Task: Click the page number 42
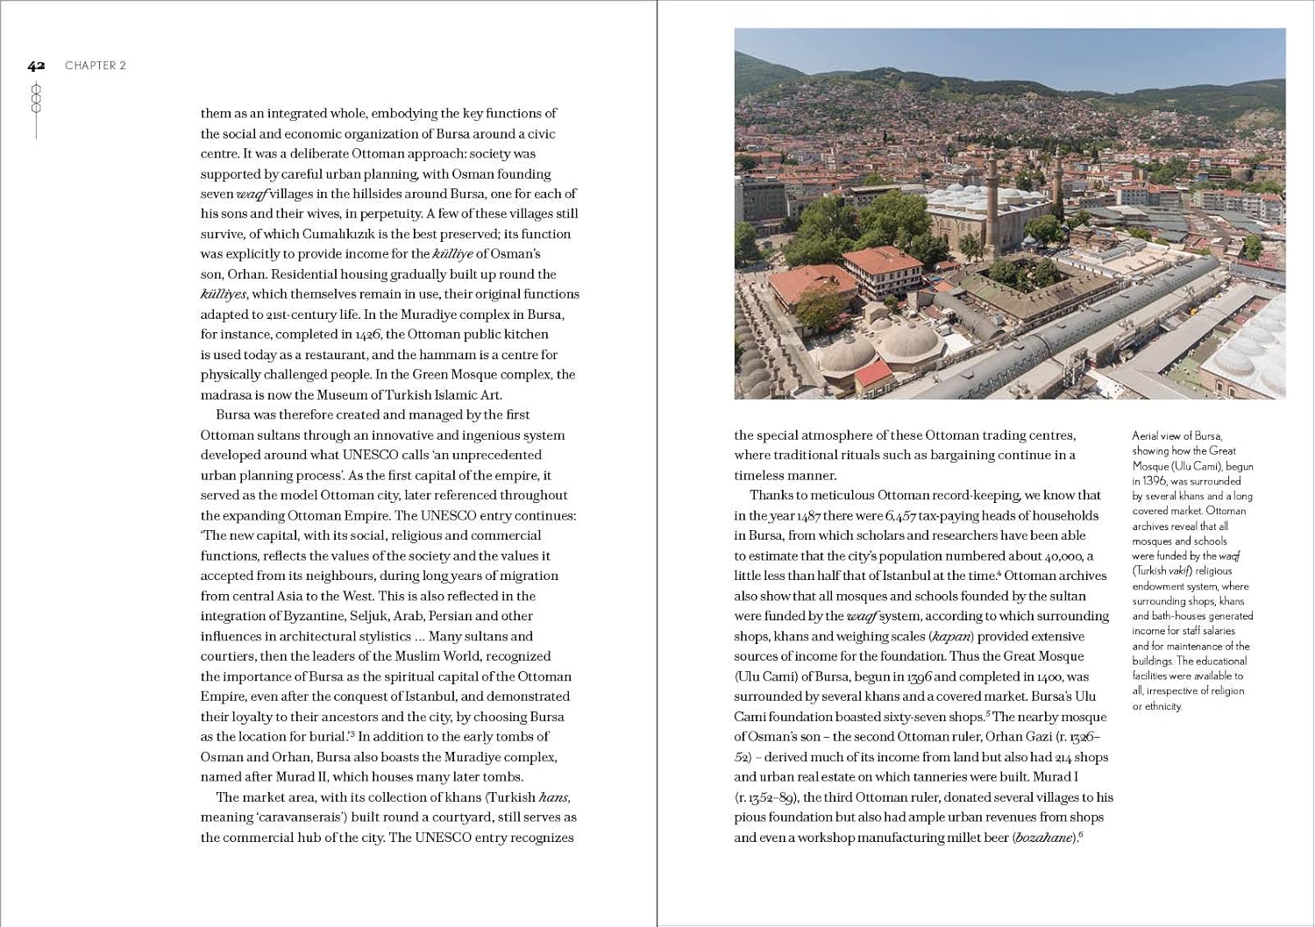tap(36, 66)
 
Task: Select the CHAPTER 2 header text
tap(96, 66)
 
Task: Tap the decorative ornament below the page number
tap(36, 99)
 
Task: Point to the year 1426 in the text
tap(367, 335)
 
